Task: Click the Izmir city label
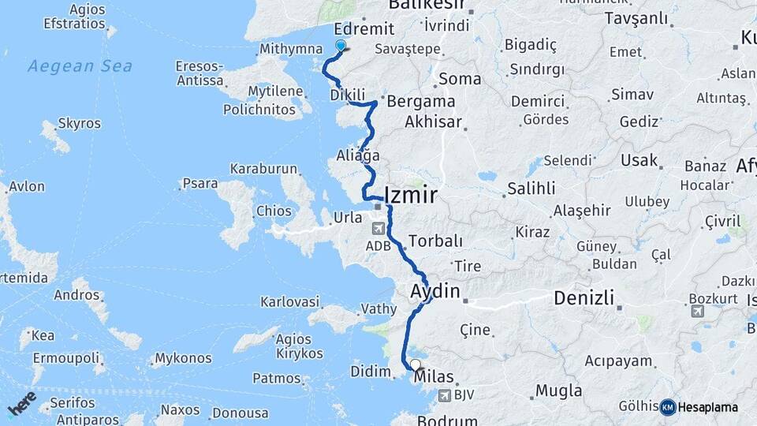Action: (410, 195)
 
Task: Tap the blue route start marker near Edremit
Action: (341, 46)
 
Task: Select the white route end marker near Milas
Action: (416, 364)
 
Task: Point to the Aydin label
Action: (434, 291)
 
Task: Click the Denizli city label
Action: (584, 298)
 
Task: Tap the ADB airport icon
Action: (378, 228)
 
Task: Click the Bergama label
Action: (422, 101)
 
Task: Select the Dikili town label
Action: (348, 95)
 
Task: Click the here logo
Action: (21, 404)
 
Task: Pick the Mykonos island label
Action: (183, 358)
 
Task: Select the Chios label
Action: (274, 211)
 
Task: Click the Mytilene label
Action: (275, 91)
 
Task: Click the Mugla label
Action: (558, 390)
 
